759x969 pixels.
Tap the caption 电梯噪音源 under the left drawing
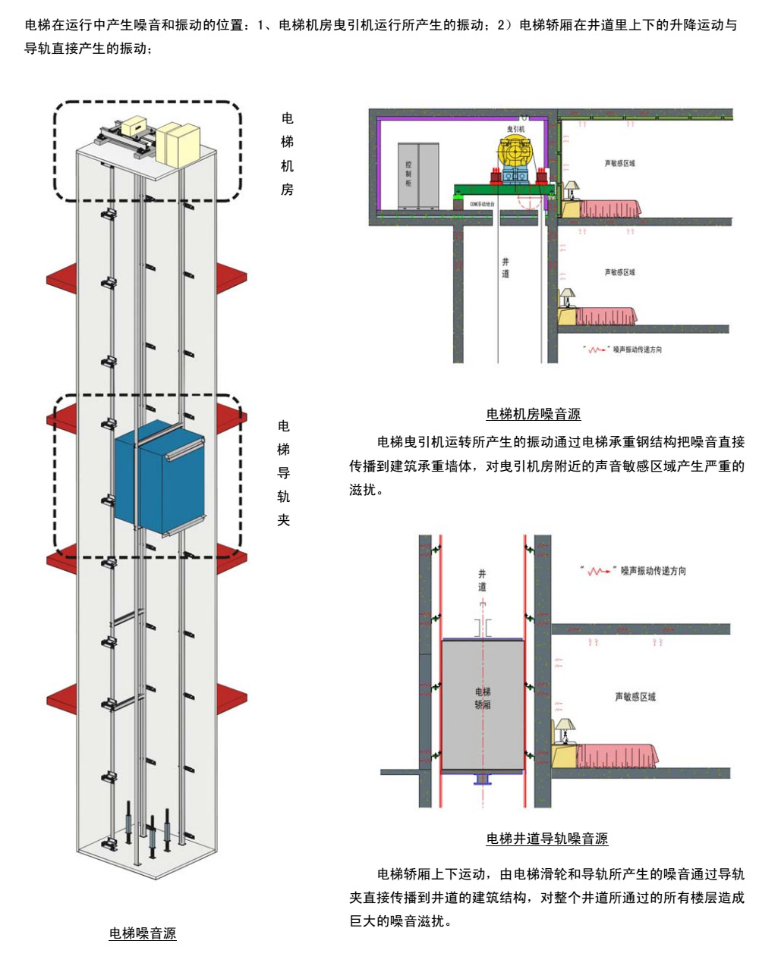tap(143, 933)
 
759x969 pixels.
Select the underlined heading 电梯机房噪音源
tap(533, 414)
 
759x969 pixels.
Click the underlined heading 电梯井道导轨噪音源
tap(546, 838)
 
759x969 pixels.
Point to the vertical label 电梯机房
tap(287, 154)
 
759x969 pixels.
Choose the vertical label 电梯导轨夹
tap(284, 472)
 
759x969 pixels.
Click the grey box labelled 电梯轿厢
tap(483, 704)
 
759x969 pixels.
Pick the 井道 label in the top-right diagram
tap(505, 268)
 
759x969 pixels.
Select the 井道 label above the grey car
tap(482, 581)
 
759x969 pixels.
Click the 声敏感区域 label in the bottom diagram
tap(635, 697)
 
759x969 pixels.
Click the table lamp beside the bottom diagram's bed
tap(563, 731)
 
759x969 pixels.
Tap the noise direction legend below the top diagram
tap(623, 350)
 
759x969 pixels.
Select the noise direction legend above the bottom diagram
tap(633, 571)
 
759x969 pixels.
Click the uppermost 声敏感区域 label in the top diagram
tap(619, 163)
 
